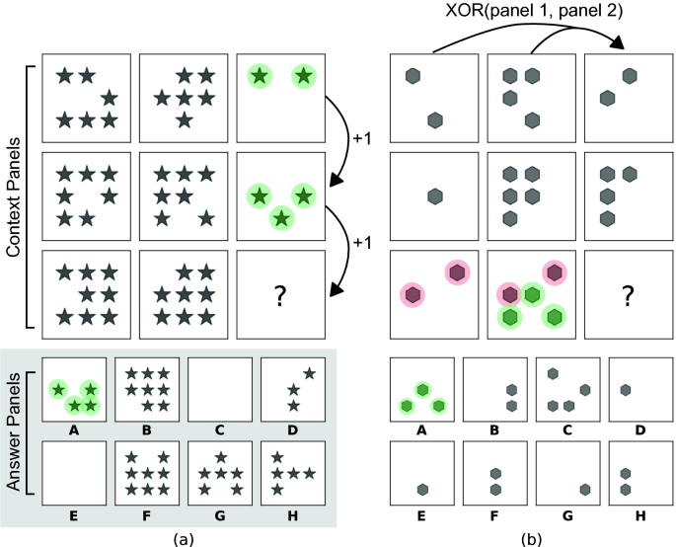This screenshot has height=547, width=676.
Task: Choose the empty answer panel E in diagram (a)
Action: coord(74,472)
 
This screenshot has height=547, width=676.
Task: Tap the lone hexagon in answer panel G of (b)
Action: coord(584,489)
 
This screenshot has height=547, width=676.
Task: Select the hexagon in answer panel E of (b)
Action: coord(422,489)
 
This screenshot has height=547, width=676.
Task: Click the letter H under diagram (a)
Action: coord(291,514)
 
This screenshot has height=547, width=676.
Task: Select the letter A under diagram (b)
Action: coord(423,430)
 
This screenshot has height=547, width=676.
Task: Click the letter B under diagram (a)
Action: coord(146,430)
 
